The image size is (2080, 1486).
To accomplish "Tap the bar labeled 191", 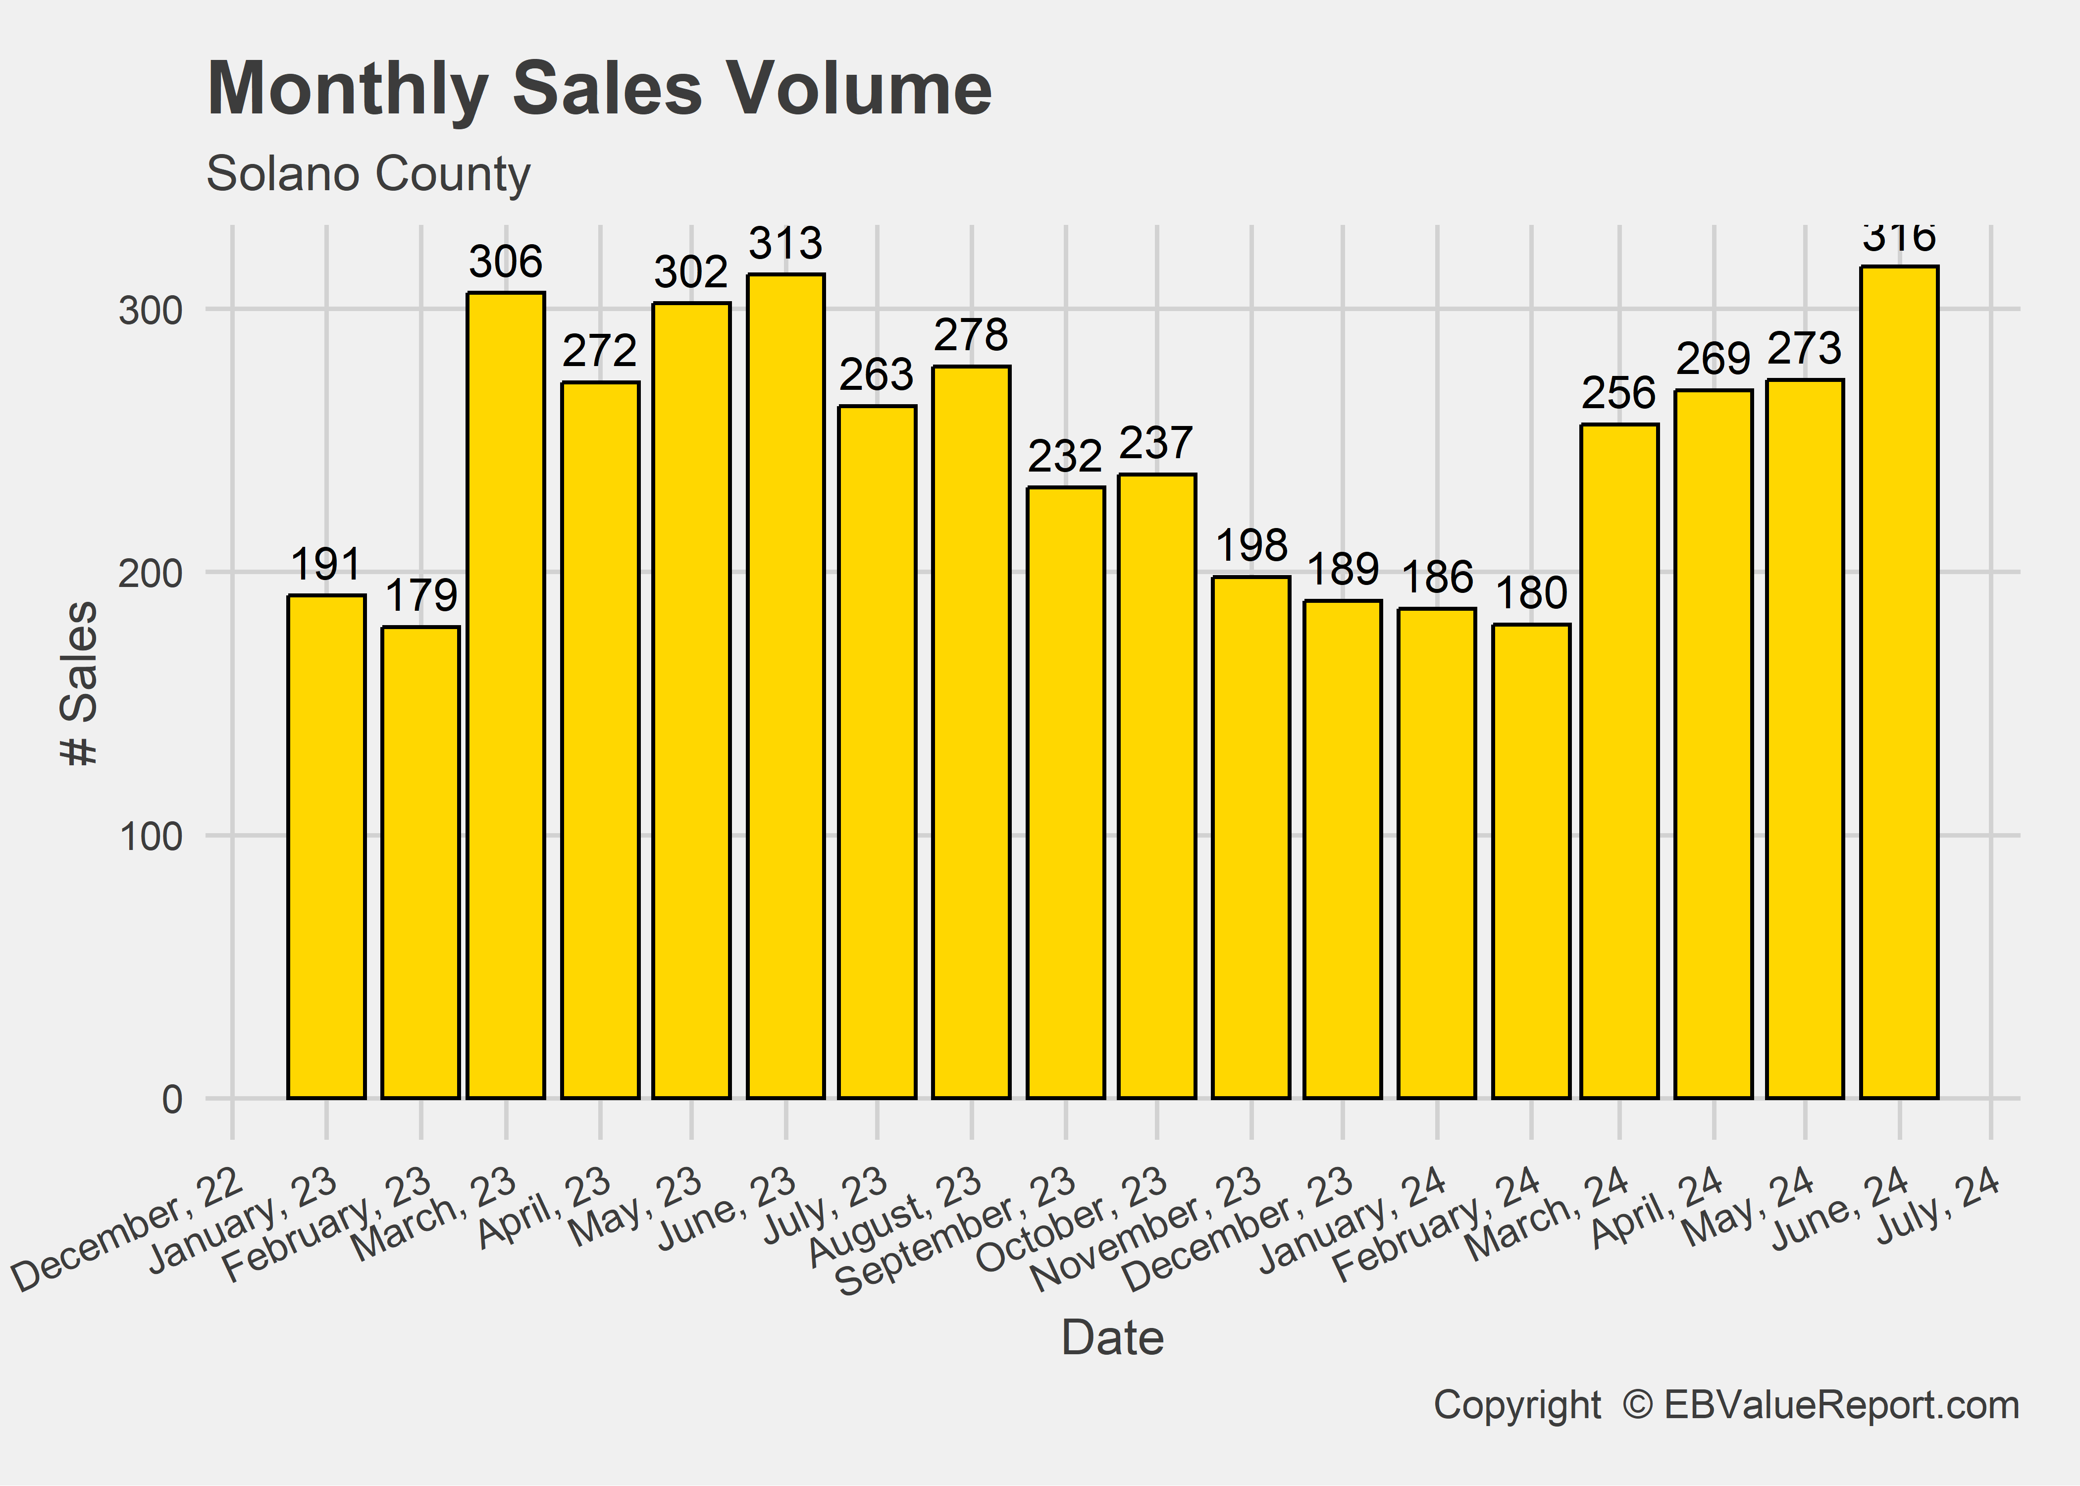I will [326, 847].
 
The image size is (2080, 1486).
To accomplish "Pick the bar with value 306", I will [506, 695].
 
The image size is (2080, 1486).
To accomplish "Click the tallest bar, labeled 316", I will [1899, 682].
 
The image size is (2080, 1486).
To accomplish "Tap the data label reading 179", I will [421, 596].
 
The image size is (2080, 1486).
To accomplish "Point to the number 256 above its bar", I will [1619, 393].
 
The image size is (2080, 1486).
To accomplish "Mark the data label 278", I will [971, 335].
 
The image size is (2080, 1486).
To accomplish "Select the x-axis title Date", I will [1112, 1338].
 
